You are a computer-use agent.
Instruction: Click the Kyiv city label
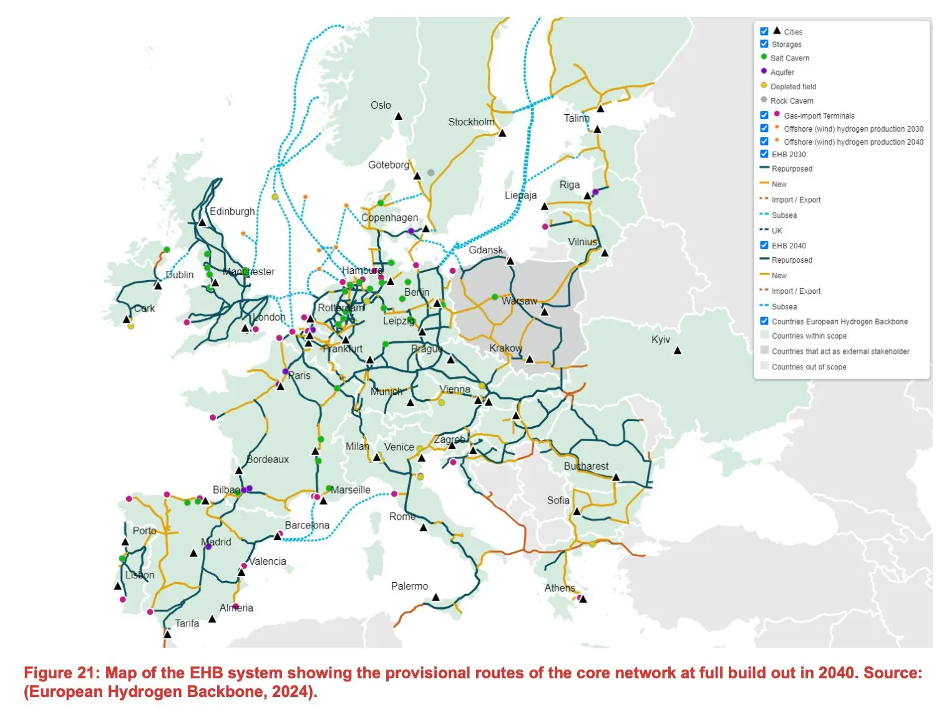[x=660, y=339]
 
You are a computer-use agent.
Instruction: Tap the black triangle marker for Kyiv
[x=678, y=351]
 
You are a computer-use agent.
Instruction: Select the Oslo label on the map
[x=381, y=105]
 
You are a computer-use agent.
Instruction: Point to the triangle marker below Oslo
[x=399, y=117]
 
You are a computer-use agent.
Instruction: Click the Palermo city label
[x=409, y=586]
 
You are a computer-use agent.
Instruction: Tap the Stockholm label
[x=471, y=122]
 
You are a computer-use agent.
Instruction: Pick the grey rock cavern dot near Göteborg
[x=431, y=173]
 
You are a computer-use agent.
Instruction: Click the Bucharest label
[x=586, y=466]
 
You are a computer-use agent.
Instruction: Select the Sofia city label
[x=558, y=500]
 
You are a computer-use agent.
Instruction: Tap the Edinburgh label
[x=232, y=212]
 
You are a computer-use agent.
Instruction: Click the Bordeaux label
[x=268, y=459]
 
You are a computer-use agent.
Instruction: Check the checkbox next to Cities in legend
[x=764, y=31]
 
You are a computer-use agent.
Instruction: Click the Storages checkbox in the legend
[x=764, y=44]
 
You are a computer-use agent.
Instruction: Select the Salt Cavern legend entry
[x=789, y=58]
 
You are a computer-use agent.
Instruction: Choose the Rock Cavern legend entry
[x=791, y=101]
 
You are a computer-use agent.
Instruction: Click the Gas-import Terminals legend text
[x=819, y=116]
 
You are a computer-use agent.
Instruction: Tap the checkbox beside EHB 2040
[x=764, y=245]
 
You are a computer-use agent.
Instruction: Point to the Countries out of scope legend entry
[x=809, y=367]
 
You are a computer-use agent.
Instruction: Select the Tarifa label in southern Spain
[x=187, y=623]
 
